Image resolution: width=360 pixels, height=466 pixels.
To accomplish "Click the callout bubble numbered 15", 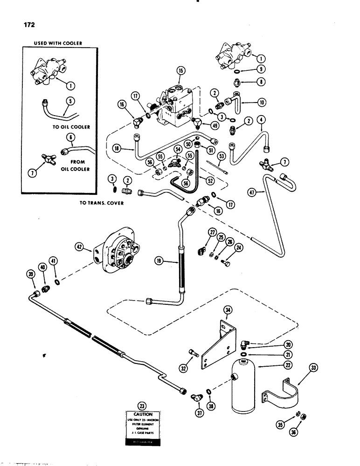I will [x=181, y=70].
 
